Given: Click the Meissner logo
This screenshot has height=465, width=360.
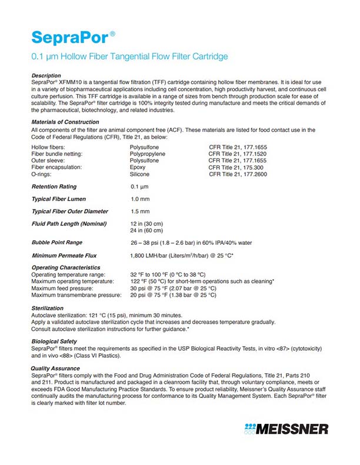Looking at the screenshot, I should (x=288, y=428).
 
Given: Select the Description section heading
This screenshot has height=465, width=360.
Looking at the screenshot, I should (x=46, y=75).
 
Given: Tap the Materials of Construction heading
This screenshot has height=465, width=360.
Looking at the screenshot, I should (x=65, y=122).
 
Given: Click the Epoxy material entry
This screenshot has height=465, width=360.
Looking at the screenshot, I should (x=138, y=167).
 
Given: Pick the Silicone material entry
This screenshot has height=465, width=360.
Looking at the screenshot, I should (x=139, y=174).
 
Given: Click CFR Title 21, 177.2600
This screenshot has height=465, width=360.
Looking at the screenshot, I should (x=238, y=174).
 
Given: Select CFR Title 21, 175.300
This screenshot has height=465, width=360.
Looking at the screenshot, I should (x=236, y=167).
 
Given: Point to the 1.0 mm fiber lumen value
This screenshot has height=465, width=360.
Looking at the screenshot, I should (x=140, y=199).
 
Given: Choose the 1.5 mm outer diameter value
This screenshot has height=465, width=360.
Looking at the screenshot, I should (x=140, y=211).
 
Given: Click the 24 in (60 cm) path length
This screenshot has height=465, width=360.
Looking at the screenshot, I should (x=146, y=230).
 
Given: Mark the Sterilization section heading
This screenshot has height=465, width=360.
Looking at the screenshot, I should (x=48, y=308).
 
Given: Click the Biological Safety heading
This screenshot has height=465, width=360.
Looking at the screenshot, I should (x=55, y=341).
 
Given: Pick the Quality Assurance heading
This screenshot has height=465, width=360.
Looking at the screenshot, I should (x=55, y=368).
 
